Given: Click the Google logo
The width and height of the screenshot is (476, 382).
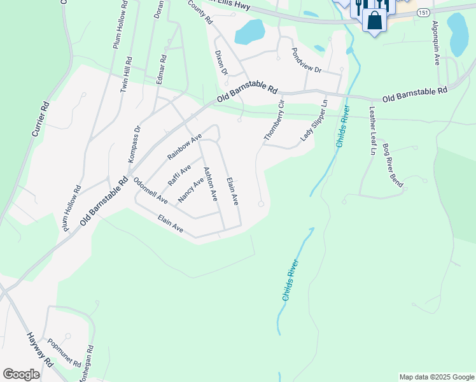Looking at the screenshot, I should (x=22, y=374).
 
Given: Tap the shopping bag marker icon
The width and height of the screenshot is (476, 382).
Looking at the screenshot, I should (x=375, y=20).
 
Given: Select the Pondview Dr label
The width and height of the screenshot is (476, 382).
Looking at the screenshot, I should (x=307, y=60).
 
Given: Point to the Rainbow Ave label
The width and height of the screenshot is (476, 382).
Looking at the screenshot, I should (x=185, y=146).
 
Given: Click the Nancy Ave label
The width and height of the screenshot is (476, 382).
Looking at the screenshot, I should (x=191, y=190).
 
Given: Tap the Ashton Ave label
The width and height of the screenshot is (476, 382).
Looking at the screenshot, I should (x=210, y=185).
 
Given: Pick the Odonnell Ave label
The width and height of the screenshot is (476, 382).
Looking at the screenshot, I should (x=150, y=190).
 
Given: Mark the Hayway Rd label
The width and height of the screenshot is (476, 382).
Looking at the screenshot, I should (x=39, y=349).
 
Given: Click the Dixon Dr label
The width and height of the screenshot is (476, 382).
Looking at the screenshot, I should (x=221, y=63).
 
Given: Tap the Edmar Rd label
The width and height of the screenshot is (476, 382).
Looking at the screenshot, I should (x=161, y=70).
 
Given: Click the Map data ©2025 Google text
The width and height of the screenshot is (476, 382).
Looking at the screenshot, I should (x=436, y=377).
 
